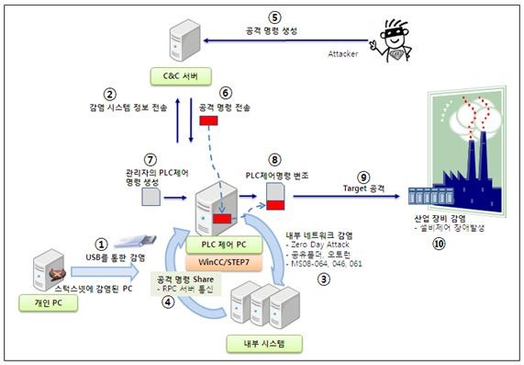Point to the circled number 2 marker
point(110,93)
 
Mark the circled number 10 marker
point(439,244)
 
